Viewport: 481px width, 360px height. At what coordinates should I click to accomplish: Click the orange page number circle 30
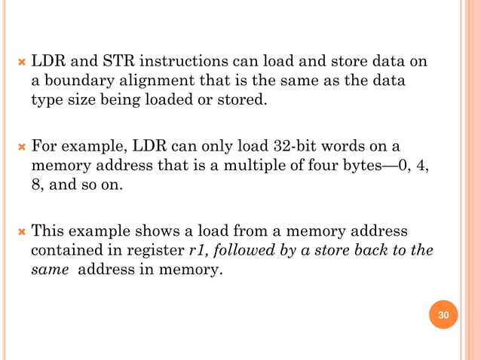point(443,314)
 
